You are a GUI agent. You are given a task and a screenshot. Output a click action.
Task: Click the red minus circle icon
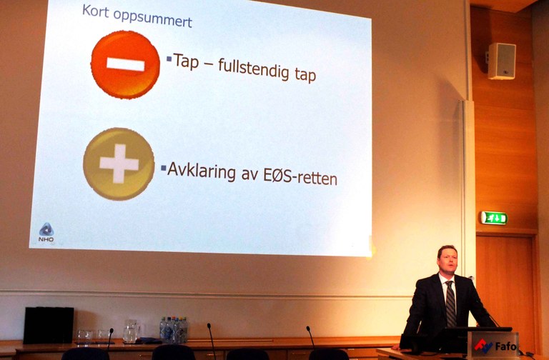[125, 65]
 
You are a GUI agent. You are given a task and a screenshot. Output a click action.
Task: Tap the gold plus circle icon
[119, 164]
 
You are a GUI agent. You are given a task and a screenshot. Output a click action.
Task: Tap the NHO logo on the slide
[46, 232]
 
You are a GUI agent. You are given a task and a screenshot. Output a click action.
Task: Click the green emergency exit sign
[493, 218]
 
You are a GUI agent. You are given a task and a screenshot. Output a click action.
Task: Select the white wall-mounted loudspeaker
[501, 61]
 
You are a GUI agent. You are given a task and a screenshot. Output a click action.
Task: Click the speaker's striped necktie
[450, 304]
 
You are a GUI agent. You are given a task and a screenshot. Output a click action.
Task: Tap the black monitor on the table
[49, 325]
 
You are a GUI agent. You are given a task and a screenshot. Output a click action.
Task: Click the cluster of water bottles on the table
[173, 330]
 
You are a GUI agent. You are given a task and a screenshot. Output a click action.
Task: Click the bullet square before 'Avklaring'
[163, 169]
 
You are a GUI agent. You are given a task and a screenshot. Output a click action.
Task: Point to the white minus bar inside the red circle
[126, 65]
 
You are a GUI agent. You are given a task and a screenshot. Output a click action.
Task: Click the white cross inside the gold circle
[119, 164]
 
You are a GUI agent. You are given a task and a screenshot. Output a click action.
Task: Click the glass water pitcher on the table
[131, 331]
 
